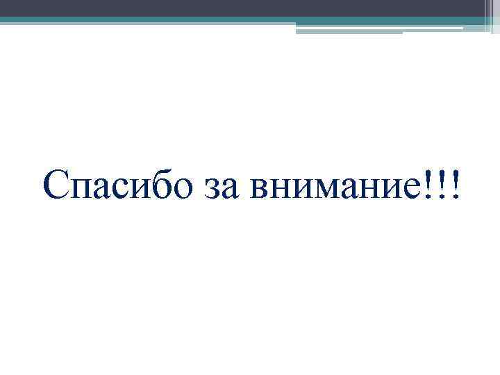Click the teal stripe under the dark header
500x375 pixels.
pos(208,20)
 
